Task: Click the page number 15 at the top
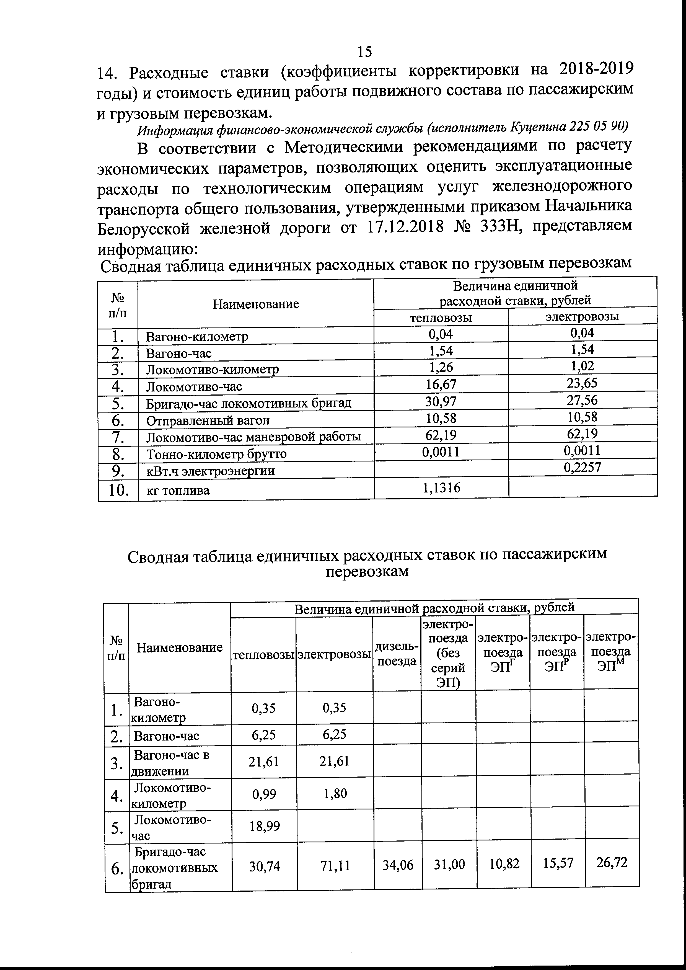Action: tap(364, 51)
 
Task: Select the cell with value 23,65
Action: tap(582, 383)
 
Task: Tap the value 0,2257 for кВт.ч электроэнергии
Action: tap(582, 467)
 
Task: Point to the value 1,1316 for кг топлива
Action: tap(441, 488)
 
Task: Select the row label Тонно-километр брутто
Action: tap(216, 454)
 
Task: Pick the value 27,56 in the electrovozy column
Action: tap(582, 400)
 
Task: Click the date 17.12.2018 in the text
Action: tap(405, 227)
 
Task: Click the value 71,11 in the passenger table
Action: tap(335, 866)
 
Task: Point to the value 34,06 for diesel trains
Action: tap(397, 866)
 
